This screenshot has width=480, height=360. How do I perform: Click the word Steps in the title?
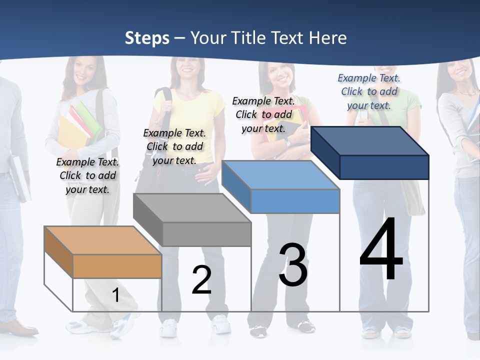point(147,38)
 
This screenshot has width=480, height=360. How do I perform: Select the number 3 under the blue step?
point(293,265)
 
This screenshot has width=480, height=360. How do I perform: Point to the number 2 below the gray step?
point(201,279)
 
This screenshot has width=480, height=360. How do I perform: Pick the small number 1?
point(115,295)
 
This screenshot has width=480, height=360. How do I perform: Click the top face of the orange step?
point(103,240)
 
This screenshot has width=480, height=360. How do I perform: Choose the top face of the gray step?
point(192,208)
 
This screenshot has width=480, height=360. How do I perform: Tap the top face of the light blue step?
point(280,175)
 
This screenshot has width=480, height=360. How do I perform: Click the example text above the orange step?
point(88,175)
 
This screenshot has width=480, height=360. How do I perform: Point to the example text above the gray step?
point(174,146)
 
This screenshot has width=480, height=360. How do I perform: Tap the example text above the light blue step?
point(263,114)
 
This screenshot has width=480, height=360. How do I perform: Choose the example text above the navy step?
point(369,91)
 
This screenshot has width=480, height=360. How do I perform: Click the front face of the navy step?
point(384,167)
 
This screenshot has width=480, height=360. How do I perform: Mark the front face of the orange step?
point(117,266)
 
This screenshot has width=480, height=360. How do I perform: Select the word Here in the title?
point(328,38)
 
